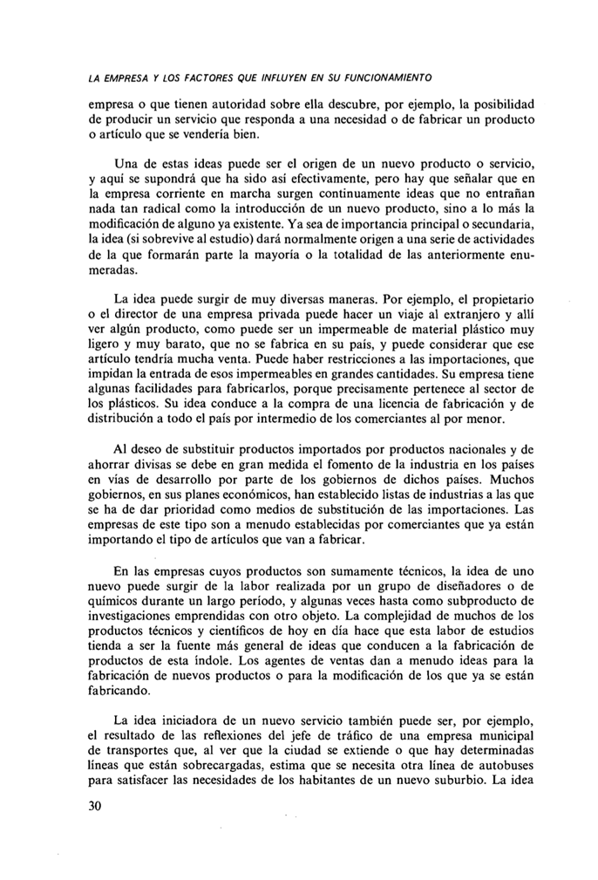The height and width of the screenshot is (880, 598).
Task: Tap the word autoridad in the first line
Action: [219, 105]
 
